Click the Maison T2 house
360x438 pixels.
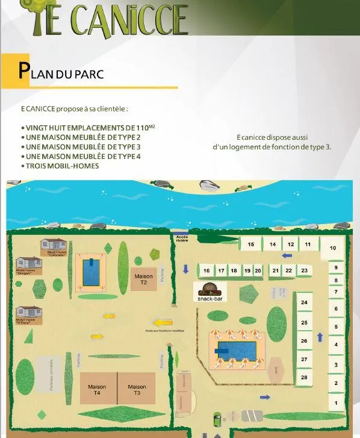(144, 278)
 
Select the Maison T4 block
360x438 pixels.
(97, 389)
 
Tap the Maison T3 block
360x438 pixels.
(137, 389)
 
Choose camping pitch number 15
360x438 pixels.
(250, 244)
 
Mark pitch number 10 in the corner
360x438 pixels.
(333, 248)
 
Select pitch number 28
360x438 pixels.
(304, 378)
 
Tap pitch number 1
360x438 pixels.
(336, 402)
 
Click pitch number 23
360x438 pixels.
(304, 271)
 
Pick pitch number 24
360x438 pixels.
(304, 302)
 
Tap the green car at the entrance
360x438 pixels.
(217, 418)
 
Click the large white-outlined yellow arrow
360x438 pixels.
(163, 322)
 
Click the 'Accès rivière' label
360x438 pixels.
(182, 239)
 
